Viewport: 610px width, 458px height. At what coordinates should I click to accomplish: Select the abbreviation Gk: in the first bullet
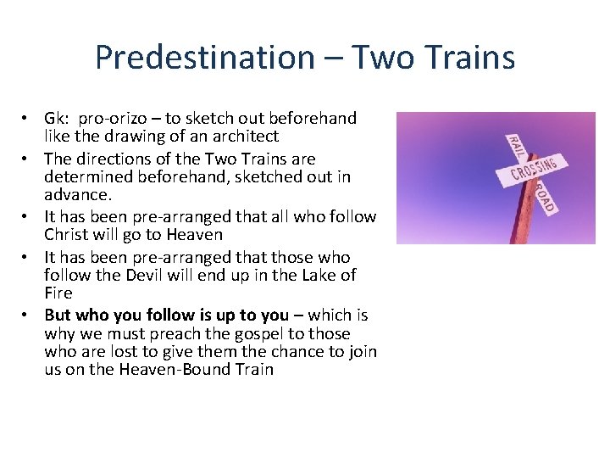point(58,119)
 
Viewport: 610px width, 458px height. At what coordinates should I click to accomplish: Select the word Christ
point(68,235)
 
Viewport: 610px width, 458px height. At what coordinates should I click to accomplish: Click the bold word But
point(58,316)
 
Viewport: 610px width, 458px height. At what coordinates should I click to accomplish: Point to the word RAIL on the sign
point(514,146)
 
